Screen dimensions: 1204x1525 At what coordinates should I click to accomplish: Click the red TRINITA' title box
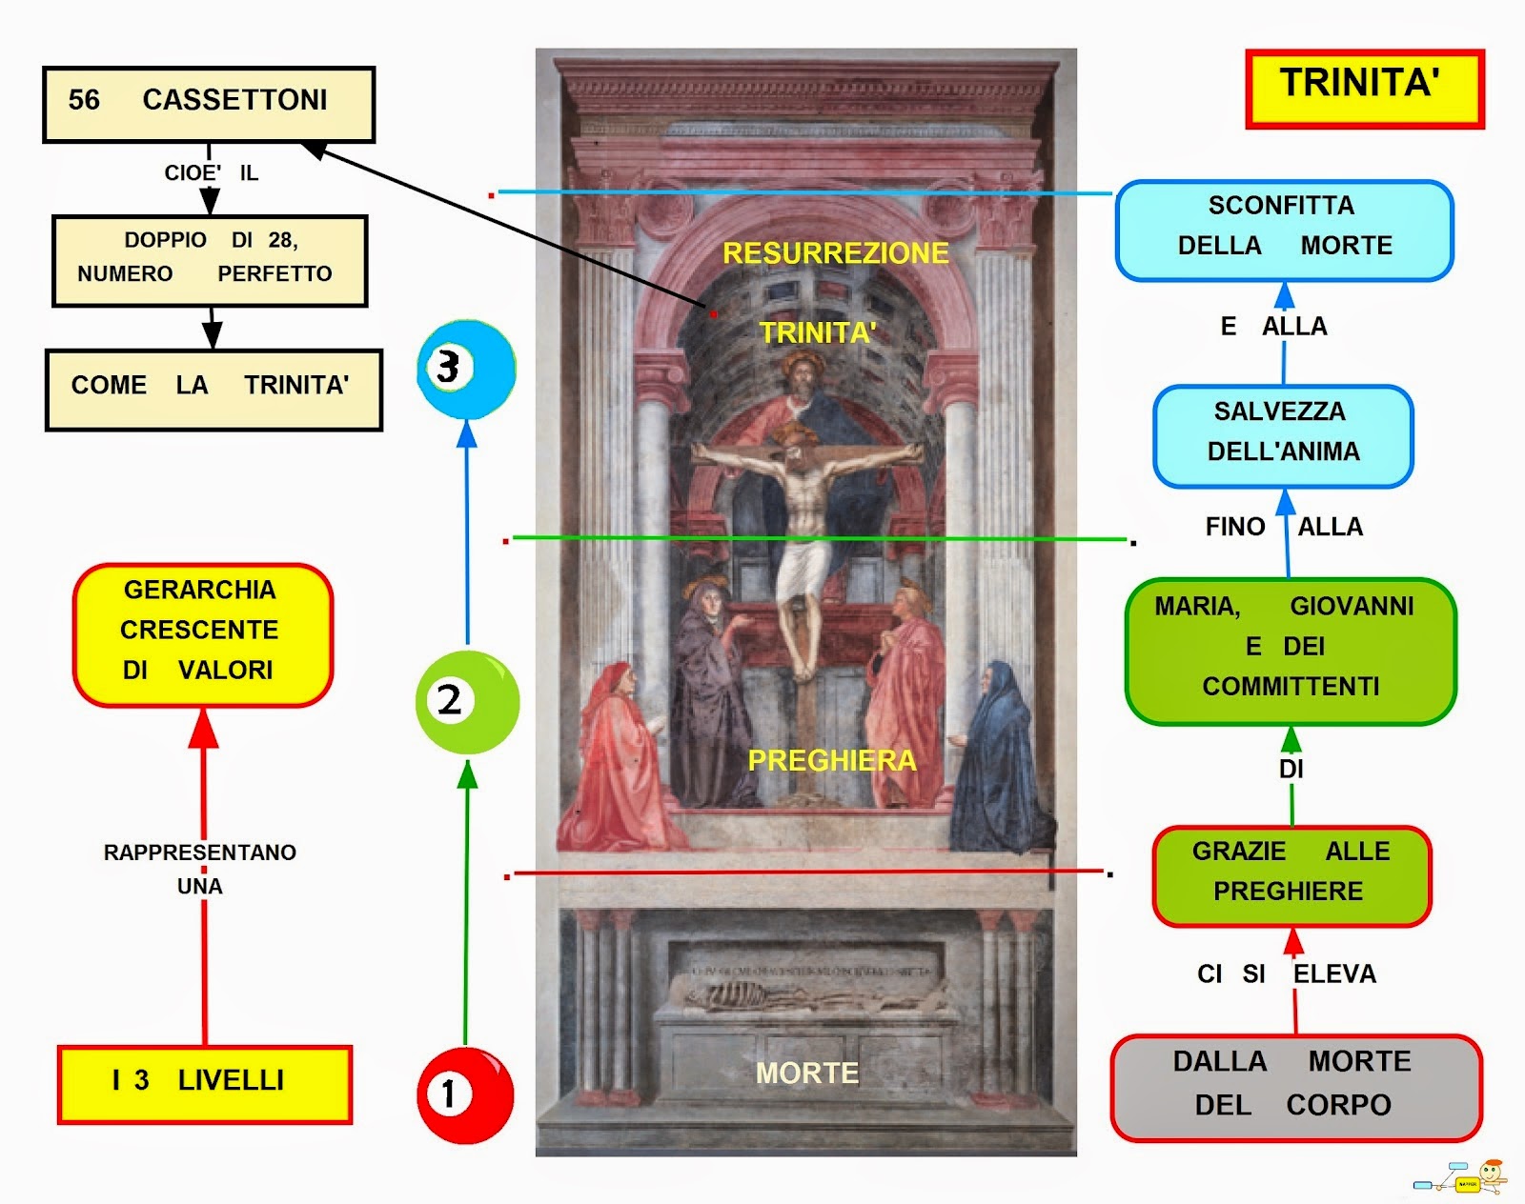click(1364, 88)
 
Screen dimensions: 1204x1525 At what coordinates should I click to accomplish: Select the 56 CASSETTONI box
click(209, 104)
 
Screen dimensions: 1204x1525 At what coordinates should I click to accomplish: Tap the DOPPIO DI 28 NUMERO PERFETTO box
click(210, 260)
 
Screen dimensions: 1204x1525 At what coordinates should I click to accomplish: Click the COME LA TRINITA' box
click(213, 390)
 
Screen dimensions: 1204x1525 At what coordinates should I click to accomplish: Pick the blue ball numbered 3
click(466, 370)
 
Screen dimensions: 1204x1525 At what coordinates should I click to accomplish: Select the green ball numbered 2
click(467, 703)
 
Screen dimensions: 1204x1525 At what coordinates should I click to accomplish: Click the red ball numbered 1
click(465, 1094)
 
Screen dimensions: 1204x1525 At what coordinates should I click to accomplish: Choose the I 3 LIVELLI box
click(205, 1084)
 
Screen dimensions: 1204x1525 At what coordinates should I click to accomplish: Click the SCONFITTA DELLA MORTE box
click(1284, 231)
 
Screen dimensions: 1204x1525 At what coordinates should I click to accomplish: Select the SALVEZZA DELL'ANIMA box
click(1283, 435)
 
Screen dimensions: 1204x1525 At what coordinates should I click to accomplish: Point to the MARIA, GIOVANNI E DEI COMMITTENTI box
click(1291, 650)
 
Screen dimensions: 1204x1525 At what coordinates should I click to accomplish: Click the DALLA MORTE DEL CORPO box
click(1295, 1087)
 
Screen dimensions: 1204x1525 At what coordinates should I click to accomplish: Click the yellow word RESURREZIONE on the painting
click(836, 253)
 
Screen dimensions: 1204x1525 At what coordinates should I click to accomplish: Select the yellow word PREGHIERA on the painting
click(831, 760)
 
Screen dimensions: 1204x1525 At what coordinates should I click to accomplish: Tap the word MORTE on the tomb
click(806, 1074)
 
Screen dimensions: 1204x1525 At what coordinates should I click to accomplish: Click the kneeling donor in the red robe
click(618, 762)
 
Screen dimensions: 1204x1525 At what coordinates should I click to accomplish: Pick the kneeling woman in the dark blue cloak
click(996, 762)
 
